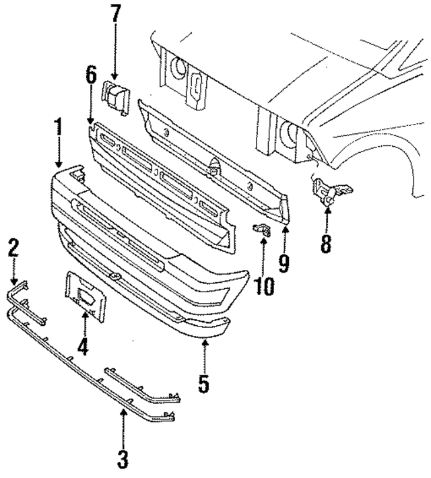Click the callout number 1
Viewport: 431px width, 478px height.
(59, 129)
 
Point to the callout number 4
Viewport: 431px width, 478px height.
(83, 347)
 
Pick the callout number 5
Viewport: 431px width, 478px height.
(204, 384)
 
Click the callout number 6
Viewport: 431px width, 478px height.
(91, 75)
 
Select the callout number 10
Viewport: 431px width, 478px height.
(264, 286)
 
